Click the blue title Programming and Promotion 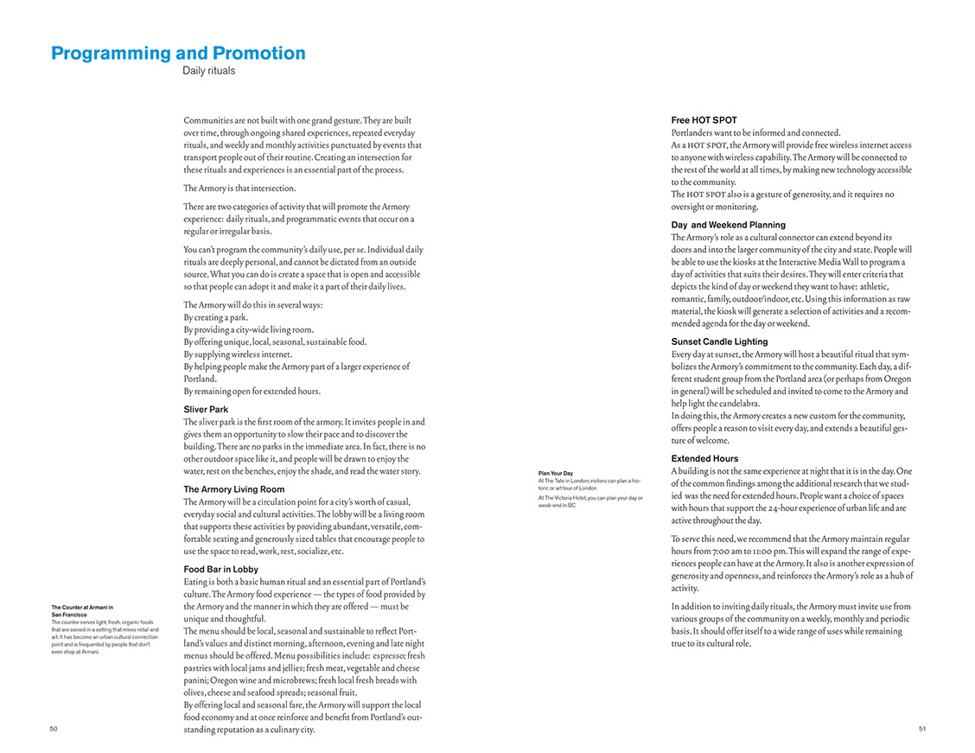click(x=178, y=54)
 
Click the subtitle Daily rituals click(x=208, y=71)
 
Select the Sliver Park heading click(x=206, y=409)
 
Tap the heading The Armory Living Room click(x=233, y=489)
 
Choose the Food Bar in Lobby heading click(x=220, y=570)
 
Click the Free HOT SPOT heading click(x=704, y=120)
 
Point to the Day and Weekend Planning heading click(x=728, y=225)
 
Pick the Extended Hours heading click(x=704, y=458)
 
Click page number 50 click(x=54, y=729)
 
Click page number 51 click(x=922, y=729)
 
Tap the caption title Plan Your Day click(x=555, y=473)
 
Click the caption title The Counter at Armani click(x=82, y=608)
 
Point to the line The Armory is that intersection click(x=239, y=188)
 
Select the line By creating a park click(x=215, y=317)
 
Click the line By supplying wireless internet click(x=238, y=354)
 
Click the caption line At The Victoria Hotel click(x=589, y=498)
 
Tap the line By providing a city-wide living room click(x=248, y=329)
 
